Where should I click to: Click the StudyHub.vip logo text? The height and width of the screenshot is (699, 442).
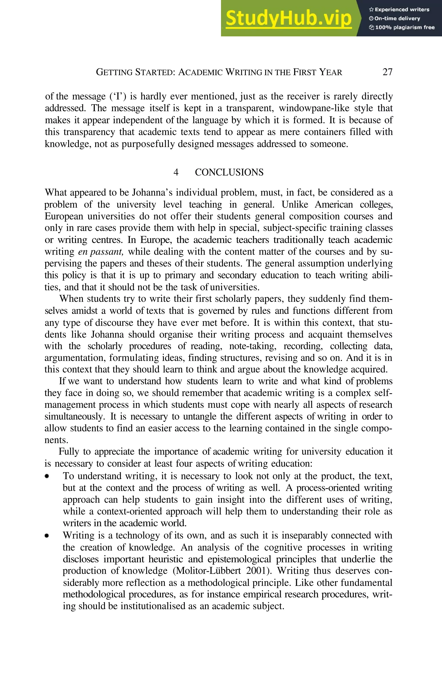pyautogui.click(x=289, y=18)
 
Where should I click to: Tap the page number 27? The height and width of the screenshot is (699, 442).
pyautogui.click(x=387, y=72)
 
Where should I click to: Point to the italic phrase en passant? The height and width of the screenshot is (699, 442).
pyautogui.click(x=101, y=251)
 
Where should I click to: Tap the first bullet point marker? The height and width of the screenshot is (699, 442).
pyautogui.click(x=46, y=476)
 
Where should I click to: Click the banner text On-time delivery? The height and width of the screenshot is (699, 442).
pyautogui.click(x=397, y=19)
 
